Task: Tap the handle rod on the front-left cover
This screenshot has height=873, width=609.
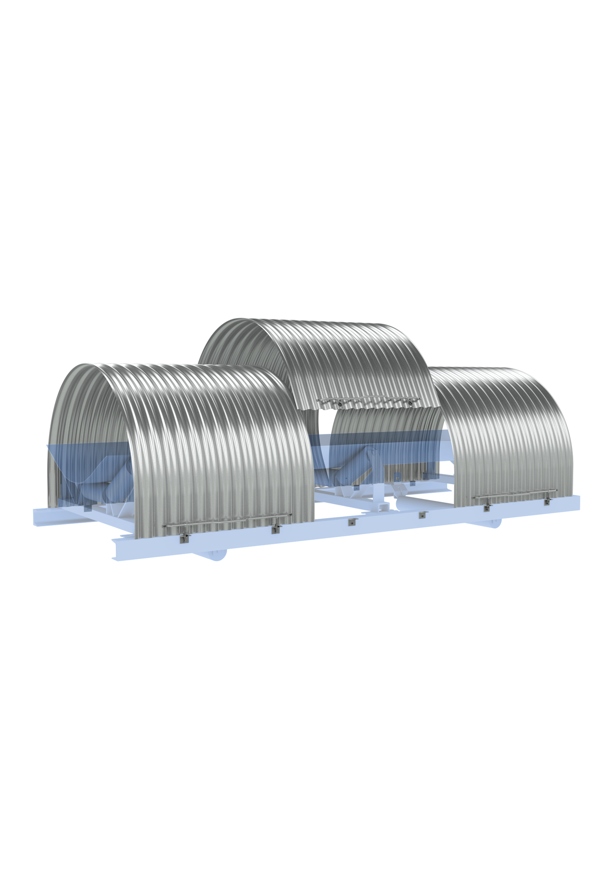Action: tap(226, 521)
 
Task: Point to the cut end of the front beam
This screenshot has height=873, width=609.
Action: tap(117, 550)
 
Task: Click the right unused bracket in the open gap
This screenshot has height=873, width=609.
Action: tap(421, 515)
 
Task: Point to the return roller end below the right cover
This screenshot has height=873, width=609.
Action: tap(495, 522)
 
